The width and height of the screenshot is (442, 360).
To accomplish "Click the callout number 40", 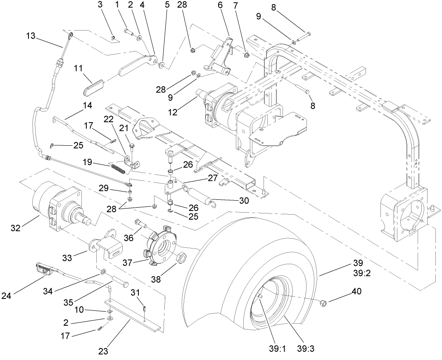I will tap(356, 291).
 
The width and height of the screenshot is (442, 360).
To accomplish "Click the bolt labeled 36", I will tap(141, 223).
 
